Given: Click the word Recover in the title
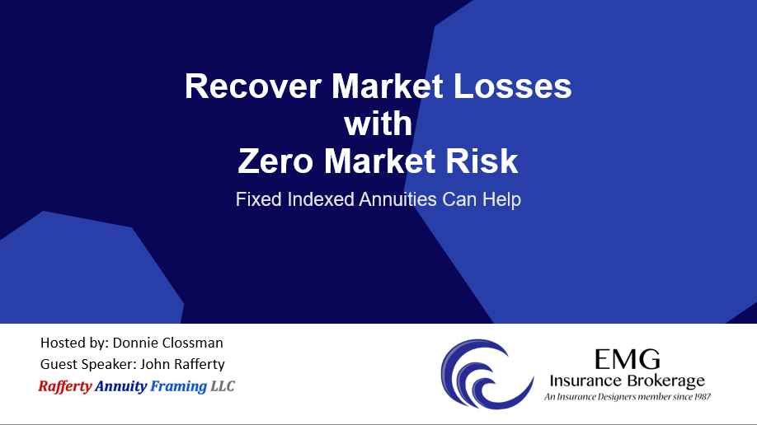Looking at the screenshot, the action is (253, 86).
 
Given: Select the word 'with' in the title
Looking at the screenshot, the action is (378, 124).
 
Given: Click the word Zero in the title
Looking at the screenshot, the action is (275, 161).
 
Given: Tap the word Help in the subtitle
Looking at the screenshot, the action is (501, 199).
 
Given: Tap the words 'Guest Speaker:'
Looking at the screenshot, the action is (88, 364).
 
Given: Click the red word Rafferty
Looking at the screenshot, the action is (65, 386).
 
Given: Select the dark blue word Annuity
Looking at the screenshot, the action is (120, 386).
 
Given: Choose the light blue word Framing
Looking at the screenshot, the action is (179, 386).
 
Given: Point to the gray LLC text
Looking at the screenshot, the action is (223, 386).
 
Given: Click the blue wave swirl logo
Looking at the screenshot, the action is (487, 375).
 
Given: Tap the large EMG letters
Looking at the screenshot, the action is (628, 359).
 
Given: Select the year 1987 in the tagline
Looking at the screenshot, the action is (702, 396).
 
